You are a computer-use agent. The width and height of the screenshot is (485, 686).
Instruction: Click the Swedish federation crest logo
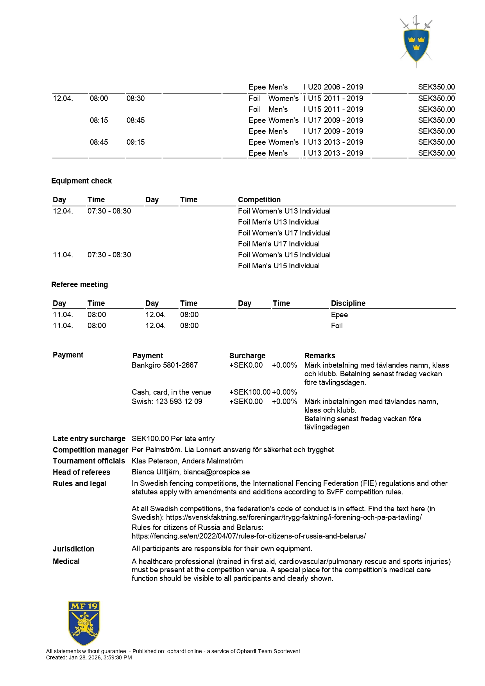(416, 41)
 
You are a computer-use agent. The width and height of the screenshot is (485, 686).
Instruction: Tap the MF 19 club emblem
(84, 623)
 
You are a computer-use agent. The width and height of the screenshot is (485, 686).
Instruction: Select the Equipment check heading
(81, 181)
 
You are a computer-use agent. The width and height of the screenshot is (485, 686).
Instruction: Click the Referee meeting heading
(79, 284)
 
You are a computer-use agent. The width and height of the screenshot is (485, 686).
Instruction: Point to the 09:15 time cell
(136, 142)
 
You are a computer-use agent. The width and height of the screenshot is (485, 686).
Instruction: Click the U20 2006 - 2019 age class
(335, 87)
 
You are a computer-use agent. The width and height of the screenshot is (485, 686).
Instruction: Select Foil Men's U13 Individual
(279, 222)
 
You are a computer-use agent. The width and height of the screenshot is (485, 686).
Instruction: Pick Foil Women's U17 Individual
(284, 233)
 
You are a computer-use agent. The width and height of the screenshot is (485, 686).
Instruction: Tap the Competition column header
(259, 199)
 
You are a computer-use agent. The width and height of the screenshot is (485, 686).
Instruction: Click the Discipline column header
(348, 303)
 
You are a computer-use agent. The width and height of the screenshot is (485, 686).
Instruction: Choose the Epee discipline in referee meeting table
(339, 314)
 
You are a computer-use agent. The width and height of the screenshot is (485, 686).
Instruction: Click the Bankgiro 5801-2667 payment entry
(165, 365)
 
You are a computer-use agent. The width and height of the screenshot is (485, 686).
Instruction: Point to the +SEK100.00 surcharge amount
(250, 392)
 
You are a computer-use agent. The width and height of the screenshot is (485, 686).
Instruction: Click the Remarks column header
(320, 356)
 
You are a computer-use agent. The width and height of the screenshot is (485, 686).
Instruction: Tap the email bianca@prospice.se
(217, 472)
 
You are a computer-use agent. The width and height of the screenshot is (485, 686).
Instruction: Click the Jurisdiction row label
(73, 549)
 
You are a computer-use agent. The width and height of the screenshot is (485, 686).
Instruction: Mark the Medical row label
(66, 561)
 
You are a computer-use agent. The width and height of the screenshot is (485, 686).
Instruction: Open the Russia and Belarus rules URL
(249, 536)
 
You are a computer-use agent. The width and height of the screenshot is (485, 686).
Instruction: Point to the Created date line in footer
(89, 657)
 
